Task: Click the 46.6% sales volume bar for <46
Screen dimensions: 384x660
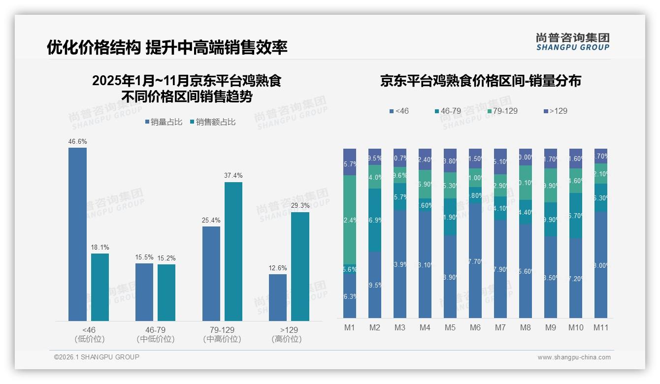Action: point(77,234)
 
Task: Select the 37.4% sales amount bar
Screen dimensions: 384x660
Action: point(233,252)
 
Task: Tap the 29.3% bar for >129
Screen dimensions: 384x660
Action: point(300,266)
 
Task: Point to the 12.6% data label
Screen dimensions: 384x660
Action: point(277,268)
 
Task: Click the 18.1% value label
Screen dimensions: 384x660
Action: point(99,247)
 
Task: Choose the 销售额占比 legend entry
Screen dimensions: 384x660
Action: point(212,122)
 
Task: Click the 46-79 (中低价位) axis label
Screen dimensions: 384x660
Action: point(155,334)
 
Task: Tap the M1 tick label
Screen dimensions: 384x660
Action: point(349,327)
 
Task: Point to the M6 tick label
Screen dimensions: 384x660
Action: point(475,327)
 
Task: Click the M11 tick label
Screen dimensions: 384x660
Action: point(601,327)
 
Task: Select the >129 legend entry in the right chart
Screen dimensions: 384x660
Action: point(556,111)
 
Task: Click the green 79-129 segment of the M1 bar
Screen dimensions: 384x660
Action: point(350,220)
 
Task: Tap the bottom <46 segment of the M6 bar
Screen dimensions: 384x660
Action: point(475,261)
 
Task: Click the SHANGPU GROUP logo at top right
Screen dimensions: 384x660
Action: point(572,41)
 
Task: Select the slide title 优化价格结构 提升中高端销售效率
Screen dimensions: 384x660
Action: point(167,47)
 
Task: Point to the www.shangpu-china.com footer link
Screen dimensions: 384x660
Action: point(574,357)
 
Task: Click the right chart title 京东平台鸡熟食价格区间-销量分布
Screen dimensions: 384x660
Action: point(480,81)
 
